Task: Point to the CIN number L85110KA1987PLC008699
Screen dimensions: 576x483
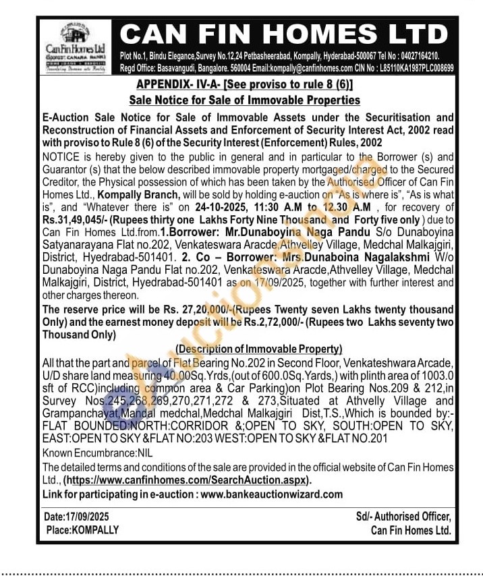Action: pos(416,68)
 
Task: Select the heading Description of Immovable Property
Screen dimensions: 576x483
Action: pos(258,349)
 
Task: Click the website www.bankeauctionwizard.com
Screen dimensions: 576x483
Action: pos(271,494)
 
